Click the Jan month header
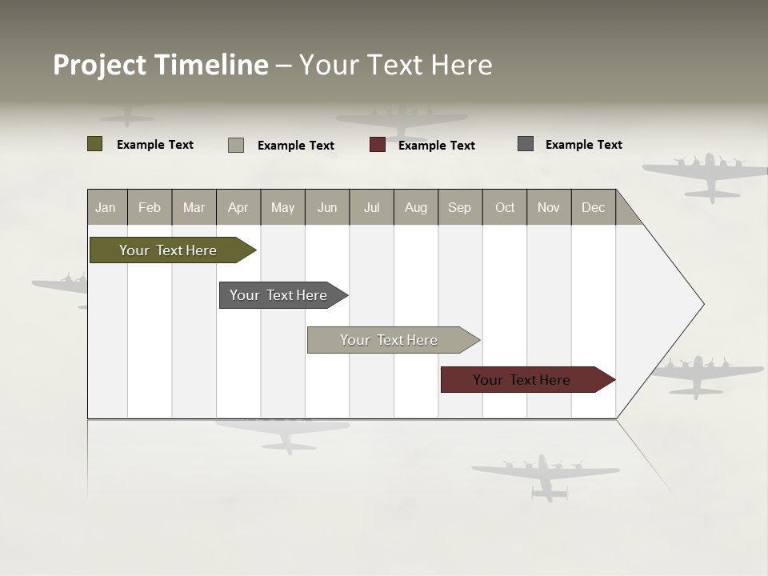click(x=106, y=207)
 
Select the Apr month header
click(x=238, y=207)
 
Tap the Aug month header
click(x=415, y=207)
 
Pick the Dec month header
click(x=593, y=207)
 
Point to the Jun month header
click(x=326, y=207)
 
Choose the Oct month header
click(x=505, y=207)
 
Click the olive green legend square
click(x=94, y=144)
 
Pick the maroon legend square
click(x=378, y=145)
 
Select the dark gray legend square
click(x=526, y=144)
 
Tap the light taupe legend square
click(x=236, y=145)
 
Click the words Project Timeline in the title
click(x=161, y=65)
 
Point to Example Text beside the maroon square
click(x=436, y=146)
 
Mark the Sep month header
click(x=459, y=207)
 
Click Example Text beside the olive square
click(x=154, y=145)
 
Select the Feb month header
click(x=149, y=207)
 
